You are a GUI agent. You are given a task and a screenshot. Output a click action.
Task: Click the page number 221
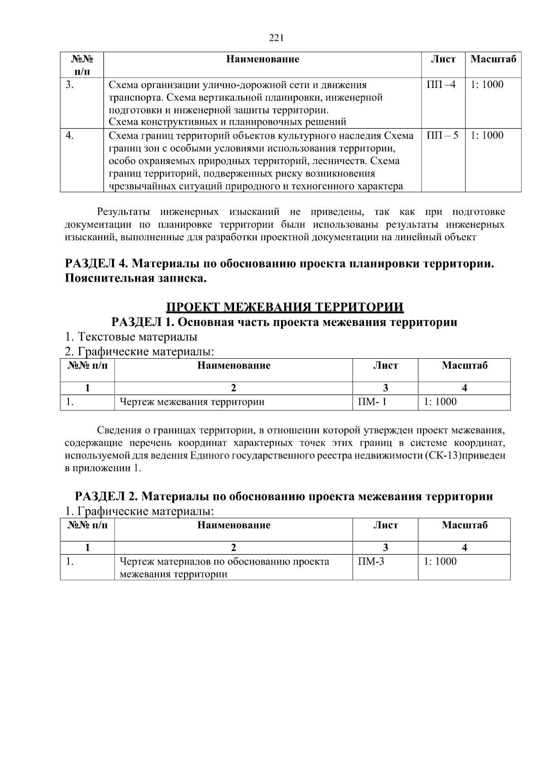pos(276,38)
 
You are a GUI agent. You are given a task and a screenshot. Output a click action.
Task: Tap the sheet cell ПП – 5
pos(442,136)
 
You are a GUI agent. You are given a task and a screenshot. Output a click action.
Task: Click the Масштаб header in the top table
pos(493,59)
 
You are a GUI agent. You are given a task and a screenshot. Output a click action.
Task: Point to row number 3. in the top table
pos(69,85)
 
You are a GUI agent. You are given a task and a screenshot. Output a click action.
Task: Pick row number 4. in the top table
pos(69,136)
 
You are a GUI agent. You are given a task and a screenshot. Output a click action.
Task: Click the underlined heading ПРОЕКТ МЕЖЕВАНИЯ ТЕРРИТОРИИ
pos(285,307)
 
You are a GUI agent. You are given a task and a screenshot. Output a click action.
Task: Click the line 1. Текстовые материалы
pos(131,337)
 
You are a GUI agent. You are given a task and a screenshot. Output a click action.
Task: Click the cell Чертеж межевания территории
pos(192,402)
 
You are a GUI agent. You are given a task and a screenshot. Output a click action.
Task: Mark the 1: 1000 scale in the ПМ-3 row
pos(440,561)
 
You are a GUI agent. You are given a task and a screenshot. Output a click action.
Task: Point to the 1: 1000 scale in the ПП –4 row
pos(487,85)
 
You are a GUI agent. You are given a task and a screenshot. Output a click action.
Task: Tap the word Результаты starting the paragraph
pos(119,212)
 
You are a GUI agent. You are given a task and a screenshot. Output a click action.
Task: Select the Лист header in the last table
pos(385,525)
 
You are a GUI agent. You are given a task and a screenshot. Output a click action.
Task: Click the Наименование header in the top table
pos(262,59)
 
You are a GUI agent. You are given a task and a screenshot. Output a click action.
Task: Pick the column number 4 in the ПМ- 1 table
pos(464,388)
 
